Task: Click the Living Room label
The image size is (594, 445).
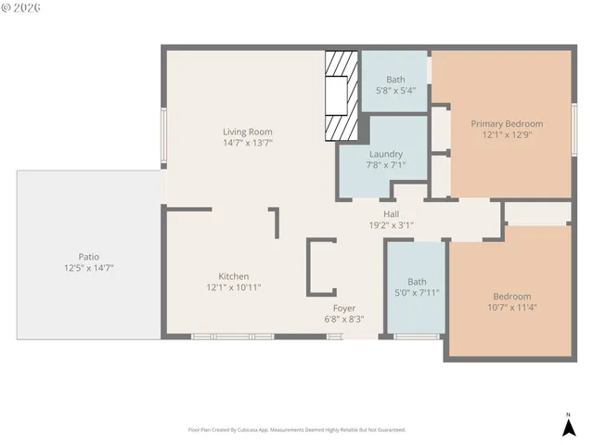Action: coord(247,132)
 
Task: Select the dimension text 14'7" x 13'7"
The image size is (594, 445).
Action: coord(247,143)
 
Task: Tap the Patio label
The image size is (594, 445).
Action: coord(88,257)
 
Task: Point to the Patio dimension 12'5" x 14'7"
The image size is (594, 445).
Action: coord(88,268)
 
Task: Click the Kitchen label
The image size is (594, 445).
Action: coord(233,276)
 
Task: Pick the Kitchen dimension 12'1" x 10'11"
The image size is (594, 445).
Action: coord(233,287)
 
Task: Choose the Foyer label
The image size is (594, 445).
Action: coord(344,308)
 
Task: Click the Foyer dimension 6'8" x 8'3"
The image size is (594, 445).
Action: coord(344,319)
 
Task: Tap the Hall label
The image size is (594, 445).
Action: coord(392,213)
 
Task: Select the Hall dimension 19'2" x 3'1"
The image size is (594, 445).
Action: coord(392,224)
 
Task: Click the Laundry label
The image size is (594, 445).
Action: coord(385,154)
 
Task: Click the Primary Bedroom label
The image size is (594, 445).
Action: coord(507,123)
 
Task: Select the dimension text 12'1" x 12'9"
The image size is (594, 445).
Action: coord(507,134)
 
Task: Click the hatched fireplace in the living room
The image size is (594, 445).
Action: coord(340,95)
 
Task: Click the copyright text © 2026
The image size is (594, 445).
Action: coord(22,9)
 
